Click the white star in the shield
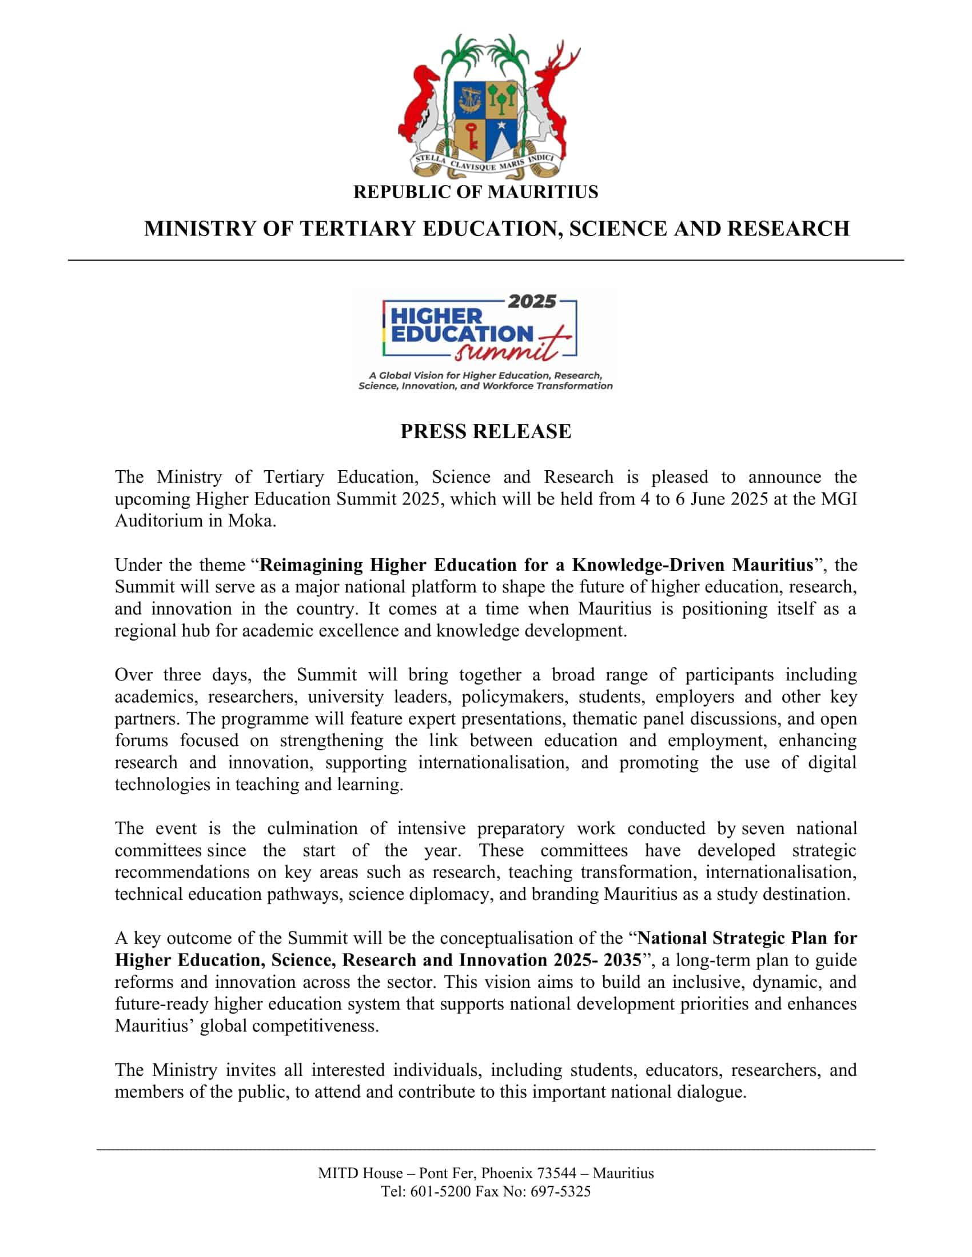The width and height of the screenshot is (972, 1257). (501, 125)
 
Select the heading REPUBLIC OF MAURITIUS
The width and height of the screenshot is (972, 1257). (476, 191)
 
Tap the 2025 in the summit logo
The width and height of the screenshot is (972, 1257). (532, 302)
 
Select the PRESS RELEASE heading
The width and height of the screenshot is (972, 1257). (485, 431)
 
